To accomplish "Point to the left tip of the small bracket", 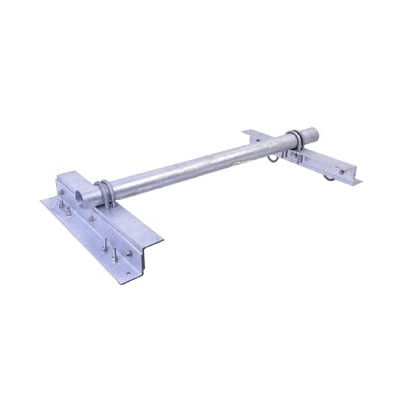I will coord(242,128).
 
